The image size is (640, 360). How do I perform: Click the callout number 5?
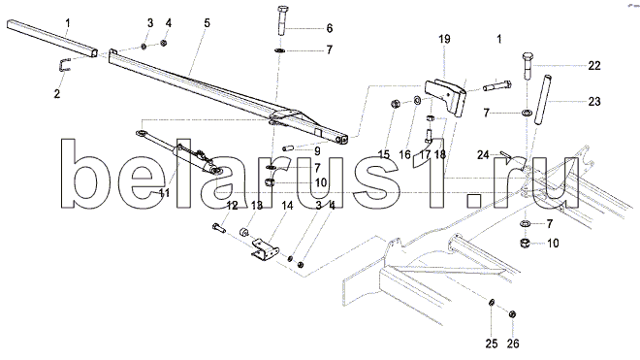tap(207, 23)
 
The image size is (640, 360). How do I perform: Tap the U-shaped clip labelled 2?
tap(64, 65)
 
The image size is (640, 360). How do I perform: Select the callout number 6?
tap(330, 28)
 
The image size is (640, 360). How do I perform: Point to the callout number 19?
tap(444, 39)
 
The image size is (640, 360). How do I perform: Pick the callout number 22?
tap(594, 65)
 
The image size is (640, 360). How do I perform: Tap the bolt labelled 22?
tap(527, 66)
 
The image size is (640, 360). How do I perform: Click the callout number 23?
tap(594, 101)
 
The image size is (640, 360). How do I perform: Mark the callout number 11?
tap(164, 193)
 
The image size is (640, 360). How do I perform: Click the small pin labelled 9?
tap(290, 147)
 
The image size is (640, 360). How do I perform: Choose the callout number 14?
tap(287, 206)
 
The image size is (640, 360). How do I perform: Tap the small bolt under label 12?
tap(219, 227)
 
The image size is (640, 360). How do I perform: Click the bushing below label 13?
tap(244, 233)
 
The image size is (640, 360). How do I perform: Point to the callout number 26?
tap(513, 344)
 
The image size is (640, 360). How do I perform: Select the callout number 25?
tap(492, 344)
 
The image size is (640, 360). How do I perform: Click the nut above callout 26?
tap(512, 313)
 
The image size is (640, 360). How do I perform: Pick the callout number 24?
tap(483, 155)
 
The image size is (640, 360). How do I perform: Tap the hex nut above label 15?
tap(395, 104)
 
